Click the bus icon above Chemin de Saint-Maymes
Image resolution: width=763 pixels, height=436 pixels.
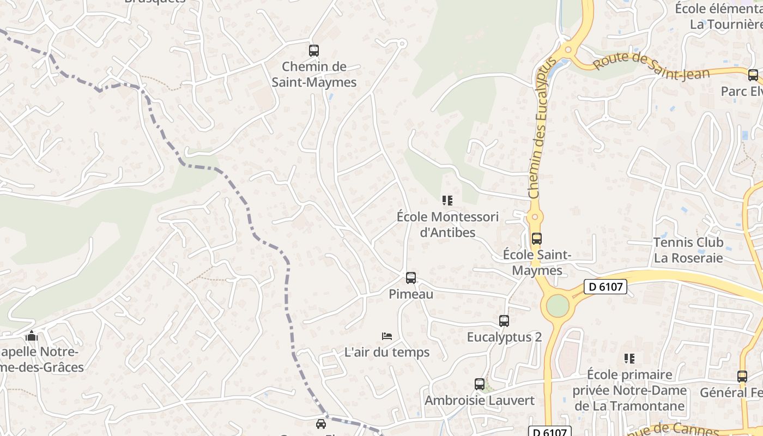pyautogui.click(x=313, y=51)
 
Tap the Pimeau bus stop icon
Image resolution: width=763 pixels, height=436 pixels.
pyautogui.click(x=411, y=278)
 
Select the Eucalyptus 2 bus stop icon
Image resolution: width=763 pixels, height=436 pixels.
pyautogui.click(x=504, y=321)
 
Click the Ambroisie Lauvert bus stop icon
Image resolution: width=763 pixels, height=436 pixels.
pyautogui.click(x=480, y=384)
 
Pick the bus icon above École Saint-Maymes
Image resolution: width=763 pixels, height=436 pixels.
pyautogui.click(x=537, y=238)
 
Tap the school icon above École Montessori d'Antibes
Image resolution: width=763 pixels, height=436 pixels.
pyautogui.click(x=447, y=201)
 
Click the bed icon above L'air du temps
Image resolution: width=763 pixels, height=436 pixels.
pyautogui.click(x=387, y=336)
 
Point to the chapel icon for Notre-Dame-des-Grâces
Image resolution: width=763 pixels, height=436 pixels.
pyautogui.click(x=32, y=336)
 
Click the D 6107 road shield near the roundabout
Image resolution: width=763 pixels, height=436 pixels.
pyautogui.click(x=605, y=287)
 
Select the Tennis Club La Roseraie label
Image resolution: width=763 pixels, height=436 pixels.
pyautogui.click(x=688, y=250)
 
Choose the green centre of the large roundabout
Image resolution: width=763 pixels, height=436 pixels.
pyautogui.click(x=558, y=306)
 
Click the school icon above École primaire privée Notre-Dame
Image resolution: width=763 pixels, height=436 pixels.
pyautogui.click(x=629, y=359)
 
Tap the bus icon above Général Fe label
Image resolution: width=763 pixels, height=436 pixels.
pyautogui.click(x=742, y=376)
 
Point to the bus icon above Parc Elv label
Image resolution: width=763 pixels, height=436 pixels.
pyautogui.click(x=753, y=75)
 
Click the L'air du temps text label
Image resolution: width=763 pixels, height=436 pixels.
pyautogui.click(x=387, y=353)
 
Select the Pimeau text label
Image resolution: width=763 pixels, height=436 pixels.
pyautogui.click(x=411, y=294)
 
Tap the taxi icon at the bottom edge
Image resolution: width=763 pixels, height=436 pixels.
pyautogui.click(x=321, y=423)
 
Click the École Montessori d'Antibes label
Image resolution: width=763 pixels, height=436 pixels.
pyautogui.click(x=447, y=225)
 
